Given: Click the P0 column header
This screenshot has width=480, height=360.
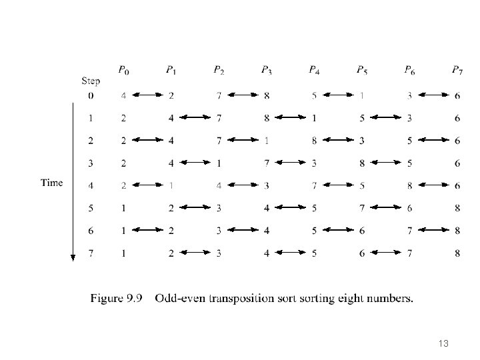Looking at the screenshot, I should pos(124,69).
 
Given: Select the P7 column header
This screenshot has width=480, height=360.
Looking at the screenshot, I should pos(457,69).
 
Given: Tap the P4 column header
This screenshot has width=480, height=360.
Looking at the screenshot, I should pos(314,69).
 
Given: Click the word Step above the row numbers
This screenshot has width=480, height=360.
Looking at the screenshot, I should pos(91,81).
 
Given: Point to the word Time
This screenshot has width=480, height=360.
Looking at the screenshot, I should pos(52,183).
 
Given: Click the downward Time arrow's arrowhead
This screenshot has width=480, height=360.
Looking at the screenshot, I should pos(73,258).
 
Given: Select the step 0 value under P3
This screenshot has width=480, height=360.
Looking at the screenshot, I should pos(267,96).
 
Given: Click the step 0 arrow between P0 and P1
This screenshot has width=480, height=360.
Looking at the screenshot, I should pos(147,96).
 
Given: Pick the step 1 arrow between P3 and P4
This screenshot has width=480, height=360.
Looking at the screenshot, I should pos(290,118).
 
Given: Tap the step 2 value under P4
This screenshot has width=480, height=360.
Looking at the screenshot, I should pos(314,141).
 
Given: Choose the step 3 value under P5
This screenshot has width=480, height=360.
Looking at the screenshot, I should pos(361,163).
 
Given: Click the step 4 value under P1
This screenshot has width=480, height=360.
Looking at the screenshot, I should pos(171,186).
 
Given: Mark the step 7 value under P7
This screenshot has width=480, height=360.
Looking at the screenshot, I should pos(457,253).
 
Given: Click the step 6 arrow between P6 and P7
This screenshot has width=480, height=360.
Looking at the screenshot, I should pos(433,231).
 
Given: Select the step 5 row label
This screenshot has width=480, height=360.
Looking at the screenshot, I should pos(91,209).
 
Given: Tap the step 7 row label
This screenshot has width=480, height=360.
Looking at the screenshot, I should pos(91,253).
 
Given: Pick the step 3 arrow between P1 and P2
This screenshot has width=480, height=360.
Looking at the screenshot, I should pos(195,163).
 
